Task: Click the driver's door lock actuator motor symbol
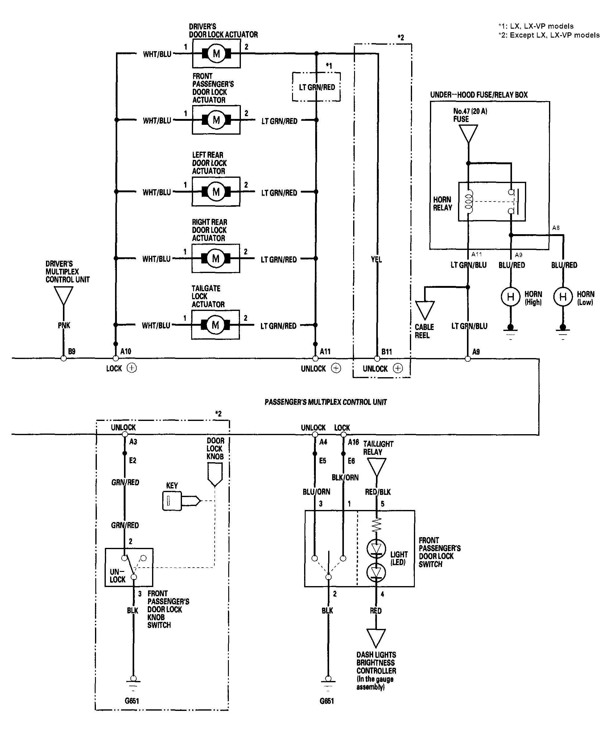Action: pos(216,54)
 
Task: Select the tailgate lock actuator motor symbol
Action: pos(215,325)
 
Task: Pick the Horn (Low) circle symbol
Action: pos(563,297)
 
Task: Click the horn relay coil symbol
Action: pos(469,202)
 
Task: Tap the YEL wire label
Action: pos(377,259)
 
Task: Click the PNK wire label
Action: pos(64,325)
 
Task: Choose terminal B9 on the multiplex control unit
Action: pos(63,358)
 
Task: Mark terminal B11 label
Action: pos(387,352)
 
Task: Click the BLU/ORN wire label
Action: pos(316,492)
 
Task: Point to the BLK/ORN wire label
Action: pos(345,477)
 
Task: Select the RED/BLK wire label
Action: pos(378,492)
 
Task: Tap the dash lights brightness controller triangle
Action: pos(376,638)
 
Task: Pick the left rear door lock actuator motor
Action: pos(216,192)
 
